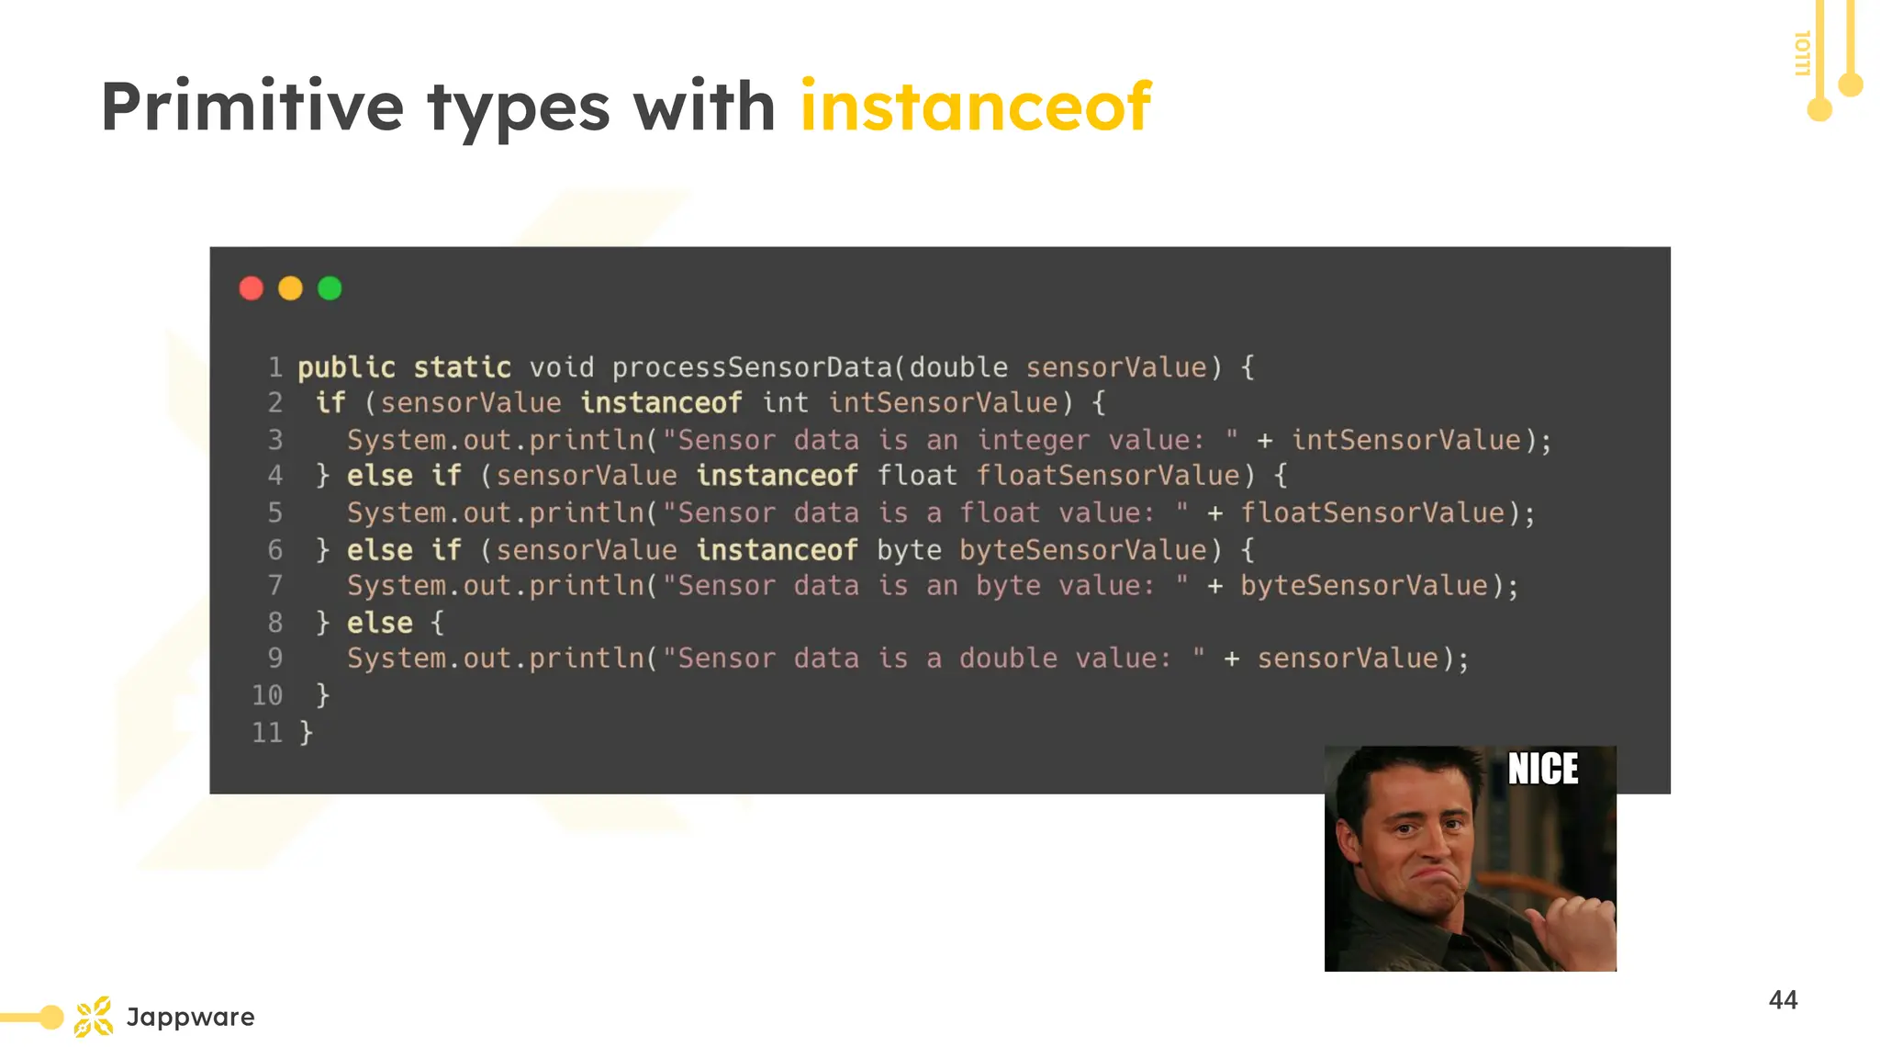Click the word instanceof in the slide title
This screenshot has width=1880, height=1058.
coord(975,107)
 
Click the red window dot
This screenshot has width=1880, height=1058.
coord(252,288)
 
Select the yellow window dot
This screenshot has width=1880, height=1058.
coord(290,288)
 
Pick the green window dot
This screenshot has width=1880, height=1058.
coord(330,288)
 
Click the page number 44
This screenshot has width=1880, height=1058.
coord(1783,1000)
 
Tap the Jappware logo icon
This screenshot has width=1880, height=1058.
coord(94,1017)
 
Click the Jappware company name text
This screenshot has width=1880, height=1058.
coord(191,1017)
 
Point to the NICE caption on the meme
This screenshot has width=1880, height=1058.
coord(1543,770)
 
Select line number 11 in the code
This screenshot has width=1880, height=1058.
coord(267,733)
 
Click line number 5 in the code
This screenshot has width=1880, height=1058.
coord(275,512)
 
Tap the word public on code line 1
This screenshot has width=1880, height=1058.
coord(346,367)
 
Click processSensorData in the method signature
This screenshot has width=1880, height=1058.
coord(752,367)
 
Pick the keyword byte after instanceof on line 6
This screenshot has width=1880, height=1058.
coord(909,550)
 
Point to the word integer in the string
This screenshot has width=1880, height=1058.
coord(1033,441)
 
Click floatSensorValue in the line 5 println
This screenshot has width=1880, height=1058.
coord(1372,512)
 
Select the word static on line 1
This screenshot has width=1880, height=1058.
coord(462,367)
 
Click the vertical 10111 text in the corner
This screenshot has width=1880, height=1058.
coord(1802,53)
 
